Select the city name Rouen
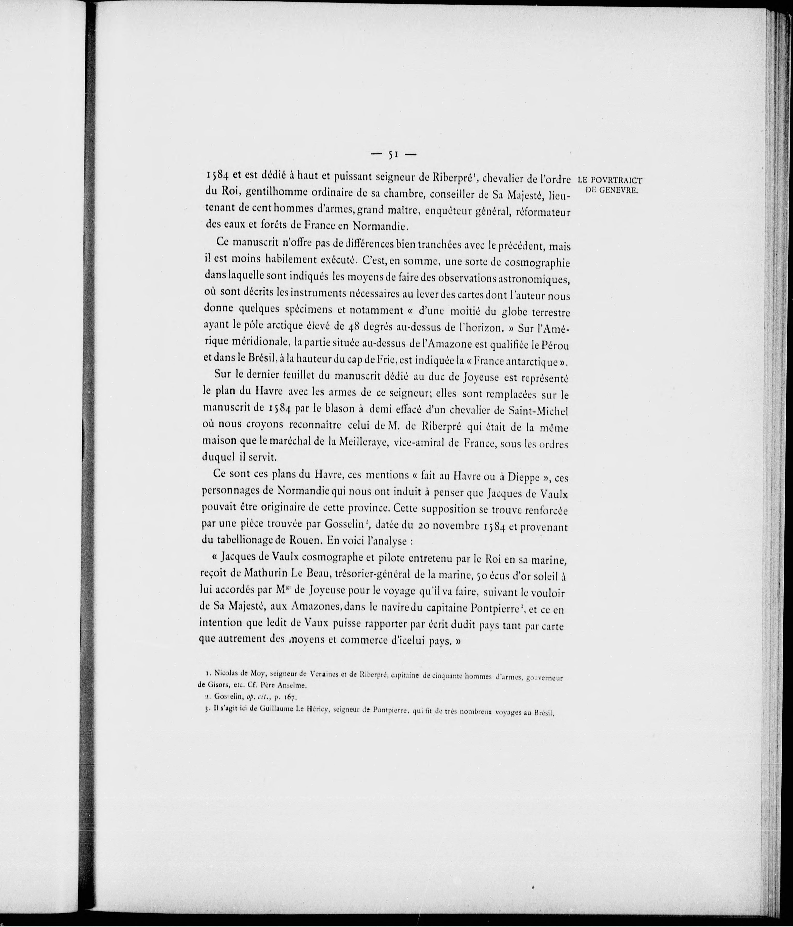(x=306, y=540)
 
